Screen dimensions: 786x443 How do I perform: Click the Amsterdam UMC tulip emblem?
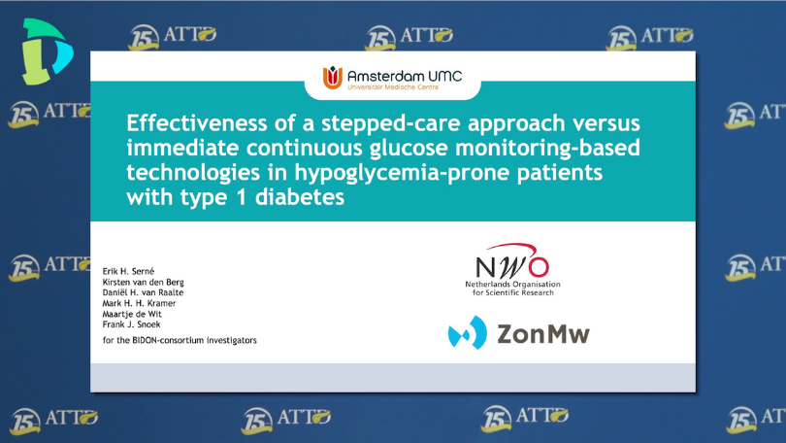332,78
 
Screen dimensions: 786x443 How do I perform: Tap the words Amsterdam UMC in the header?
405,76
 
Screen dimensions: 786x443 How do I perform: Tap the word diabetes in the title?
300,196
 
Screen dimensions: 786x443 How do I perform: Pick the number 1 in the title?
241,197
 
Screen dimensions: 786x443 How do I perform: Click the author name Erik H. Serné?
128,271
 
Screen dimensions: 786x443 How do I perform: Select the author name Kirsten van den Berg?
143,283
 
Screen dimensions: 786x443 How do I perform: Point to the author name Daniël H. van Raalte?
143,292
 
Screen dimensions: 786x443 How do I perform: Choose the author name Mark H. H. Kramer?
139,303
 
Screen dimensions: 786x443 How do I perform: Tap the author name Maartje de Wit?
132,314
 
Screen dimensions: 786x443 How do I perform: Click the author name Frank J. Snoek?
131,324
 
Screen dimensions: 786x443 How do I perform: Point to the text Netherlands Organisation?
512,284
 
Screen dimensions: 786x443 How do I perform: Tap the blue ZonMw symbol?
467,332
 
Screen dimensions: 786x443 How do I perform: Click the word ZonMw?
543,334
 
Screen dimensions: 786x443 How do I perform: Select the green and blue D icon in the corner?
47,51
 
